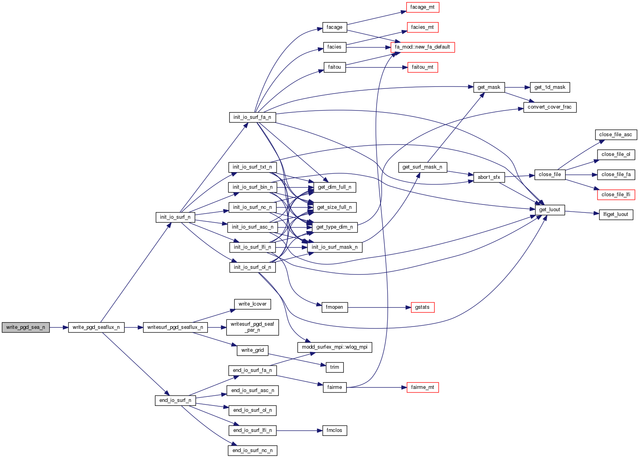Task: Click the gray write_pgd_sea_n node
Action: (26, 327)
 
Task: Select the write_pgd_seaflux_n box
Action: (96, 327)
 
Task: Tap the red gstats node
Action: (422, 307)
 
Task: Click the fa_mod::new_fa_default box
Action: (422, 47)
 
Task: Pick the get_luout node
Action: (549, 210)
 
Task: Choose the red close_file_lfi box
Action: (616, 195)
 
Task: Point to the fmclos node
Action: (334, 430)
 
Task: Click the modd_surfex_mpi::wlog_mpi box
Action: (334, 347)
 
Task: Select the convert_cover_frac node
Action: (549, 107)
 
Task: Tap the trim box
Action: (334, 367)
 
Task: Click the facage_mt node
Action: (422, 7)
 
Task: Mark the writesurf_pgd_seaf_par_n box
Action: (252, 327)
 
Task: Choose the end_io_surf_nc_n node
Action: (252, 450)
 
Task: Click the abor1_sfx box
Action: (488, 177)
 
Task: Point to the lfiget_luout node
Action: (616, 214)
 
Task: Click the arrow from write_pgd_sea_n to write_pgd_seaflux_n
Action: (59, 327)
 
